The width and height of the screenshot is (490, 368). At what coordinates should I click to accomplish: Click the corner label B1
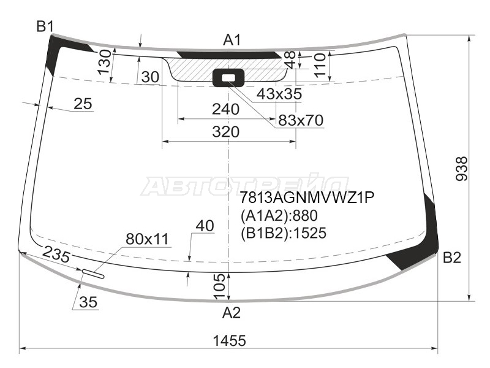click(45, 26)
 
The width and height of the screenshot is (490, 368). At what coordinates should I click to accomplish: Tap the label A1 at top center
click(232, 40)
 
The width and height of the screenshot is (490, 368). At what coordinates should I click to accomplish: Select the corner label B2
click(452, 258)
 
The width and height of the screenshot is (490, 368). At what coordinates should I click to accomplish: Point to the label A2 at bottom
click(232, 313)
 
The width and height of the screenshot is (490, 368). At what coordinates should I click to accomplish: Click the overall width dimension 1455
click(229, 340)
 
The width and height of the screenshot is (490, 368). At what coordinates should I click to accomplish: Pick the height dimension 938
click(462, 169)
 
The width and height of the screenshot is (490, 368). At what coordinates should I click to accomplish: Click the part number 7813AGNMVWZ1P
click(307, 197)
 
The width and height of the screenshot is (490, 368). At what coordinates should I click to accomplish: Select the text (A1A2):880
click(279, 216)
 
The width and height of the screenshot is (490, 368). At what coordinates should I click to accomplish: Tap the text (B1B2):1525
click(284, 233)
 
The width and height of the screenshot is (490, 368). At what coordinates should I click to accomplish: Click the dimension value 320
click(225, 132)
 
